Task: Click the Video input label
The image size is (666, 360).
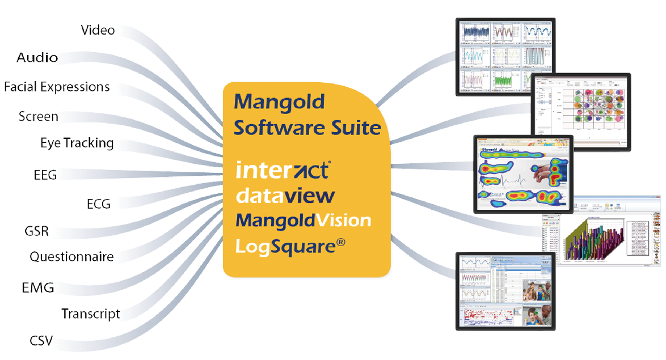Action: tap(98, 30)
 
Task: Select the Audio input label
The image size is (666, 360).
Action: tap(37, 57)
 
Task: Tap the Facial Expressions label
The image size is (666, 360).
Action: tap(57, 87)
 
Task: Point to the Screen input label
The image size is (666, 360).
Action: tap(38, 116)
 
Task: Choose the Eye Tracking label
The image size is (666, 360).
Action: tap(77, 143)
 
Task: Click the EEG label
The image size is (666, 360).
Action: tap(45, 175)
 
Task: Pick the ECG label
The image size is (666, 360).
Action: tap(98, 204)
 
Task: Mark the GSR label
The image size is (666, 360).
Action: tap(36, 231)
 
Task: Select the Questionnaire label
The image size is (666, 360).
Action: tap(71, 257)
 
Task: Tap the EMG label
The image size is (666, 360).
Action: tap(38, 288)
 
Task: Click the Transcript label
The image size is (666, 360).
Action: tap(91, 314)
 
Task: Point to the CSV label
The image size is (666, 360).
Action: tap(41, 341)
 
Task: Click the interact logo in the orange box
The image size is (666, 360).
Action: tap(283, 170)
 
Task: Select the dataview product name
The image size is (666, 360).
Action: tap(285, 196)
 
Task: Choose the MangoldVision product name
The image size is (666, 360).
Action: tap(303, 220)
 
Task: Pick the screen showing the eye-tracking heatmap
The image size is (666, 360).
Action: tap(522, 173)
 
